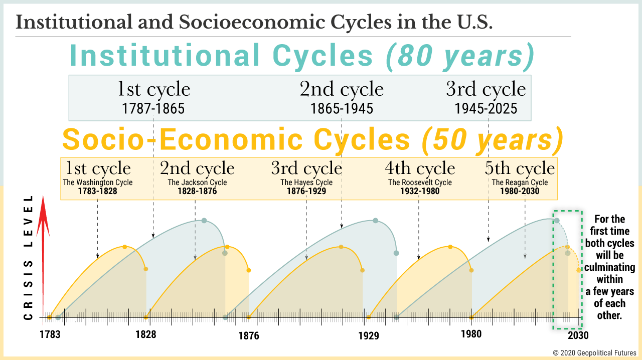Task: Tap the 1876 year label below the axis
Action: (249, 335)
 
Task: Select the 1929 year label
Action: (369, 335)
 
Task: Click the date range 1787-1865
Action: (153, 108)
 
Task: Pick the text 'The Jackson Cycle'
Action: (197, 183)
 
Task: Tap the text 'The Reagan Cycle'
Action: (520, 183)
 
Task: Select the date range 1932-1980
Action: (420, 191)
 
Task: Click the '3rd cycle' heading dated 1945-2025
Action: (486, 90)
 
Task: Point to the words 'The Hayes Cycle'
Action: (306, 183)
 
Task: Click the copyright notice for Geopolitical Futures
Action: (595, 353)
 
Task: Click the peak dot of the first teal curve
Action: (204, 221)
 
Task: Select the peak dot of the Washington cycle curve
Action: (125, 247)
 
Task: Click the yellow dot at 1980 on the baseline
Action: (471, 317)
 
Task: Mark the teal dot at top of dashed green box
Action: (557, 221)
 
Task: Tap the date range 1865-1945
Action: (342, 108)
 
